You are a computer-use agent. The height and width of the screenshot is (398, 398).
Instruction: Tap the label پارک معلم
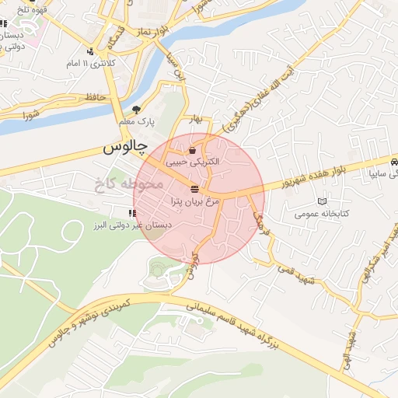click(x=138, y=122)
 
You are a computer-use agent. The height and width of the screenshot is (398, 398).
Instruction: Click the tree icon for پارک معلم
click(x=138, y=110)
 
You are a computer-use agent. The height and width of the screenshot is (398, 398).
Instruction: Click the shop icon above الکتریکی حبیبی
click(x=192, y=150)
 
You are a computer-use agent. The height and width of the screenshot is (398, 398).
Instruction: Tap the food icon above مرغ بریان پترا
click(x=194, y=190)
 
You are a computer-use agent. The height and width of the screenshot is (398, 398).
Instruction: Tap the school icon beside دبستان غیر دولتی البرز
click(x=131, y=214)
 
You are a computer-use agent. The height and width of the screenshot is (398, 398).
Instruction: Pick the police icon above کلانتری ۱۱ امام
click(x=92, y=51)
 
